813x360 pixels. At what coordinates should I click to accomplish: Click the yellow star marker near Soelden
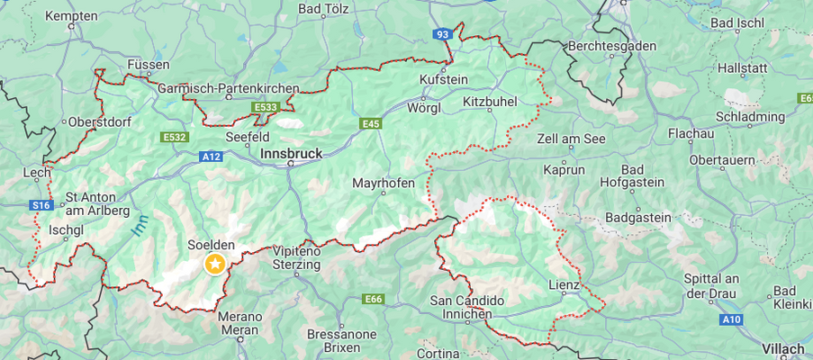point(214,263)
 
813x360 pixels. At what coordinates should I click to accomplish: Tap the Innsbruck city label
point(290,154)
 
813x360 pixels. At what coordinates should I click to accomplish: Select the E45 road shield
point(371,123)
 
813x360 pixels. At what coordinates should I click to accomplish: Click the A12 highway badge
point(211,156)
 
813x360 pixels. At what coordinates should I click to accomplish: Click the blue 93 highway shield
point(441,34)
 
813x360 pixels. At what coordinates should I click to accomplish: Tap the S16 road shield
point(41,205)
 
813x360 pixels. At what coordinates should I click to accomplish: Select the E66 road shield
point(374,298)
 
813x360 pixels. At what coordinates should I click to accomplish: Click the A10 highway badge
point(730,319)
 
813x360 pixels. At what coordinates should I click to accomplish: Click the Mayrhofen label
point(384,183)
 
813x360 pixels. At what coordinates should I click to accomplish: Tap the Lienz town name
point(565,285)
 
